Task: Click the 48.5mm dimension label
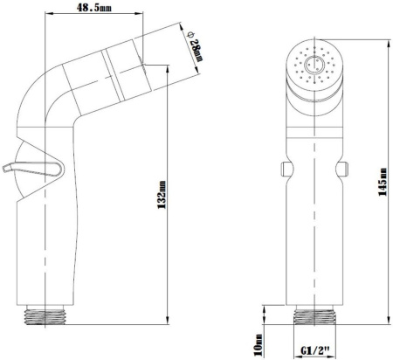click(x=93, y=7)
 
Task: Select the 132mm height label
click(x=162, y=195)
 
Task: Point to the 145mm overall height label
click(x=383, y=182)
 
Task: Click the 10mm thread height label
click(x=258, y=345)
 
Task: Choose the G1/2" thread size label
click(x=315, y=350)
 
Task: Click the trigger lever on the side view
click(x=33, y=169)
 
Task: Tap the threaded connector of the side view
click(x=45, y=315)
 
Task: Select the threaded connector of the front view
click(x=314, y=315)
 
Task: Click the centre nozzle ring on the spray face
click(x=314, y=65)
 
